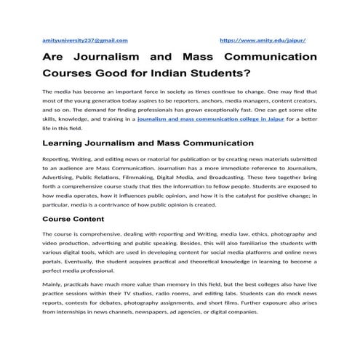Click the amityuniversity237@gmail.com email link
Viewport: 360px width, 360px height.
point(86,40)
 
